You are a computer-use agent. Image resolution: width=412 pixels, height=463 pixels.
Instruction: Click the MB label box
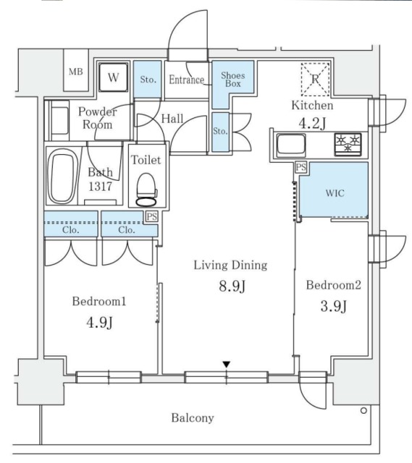(x=75, y=72)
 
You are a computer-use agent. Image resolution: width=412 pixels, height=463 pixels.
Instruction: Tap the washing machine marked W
(x=113, y=77)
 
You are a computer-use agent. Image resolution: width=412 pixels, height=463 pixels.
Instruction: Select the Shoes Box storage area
(x=233, y=80)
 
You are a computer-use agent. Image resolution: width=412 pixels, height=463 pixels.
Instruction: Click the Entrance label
(x=188, y=80)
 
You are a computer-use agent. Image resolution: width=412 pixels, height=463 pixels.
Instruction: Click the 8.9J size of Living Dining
(x=230, y=287)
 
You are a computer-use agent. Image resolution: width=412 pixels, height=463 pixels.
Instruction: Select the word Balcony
(x=192, y=417)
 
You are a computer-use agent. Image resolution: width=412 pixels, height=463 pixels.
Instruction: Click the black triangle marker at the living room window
(x=227, y=365)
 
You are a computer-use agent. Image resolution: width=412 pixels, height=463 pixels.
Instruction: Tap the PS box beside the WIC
(x=300, y=168)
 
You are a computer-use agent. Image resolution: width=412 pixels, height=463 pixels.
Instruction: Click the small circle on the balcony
(x=362, y=410)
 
